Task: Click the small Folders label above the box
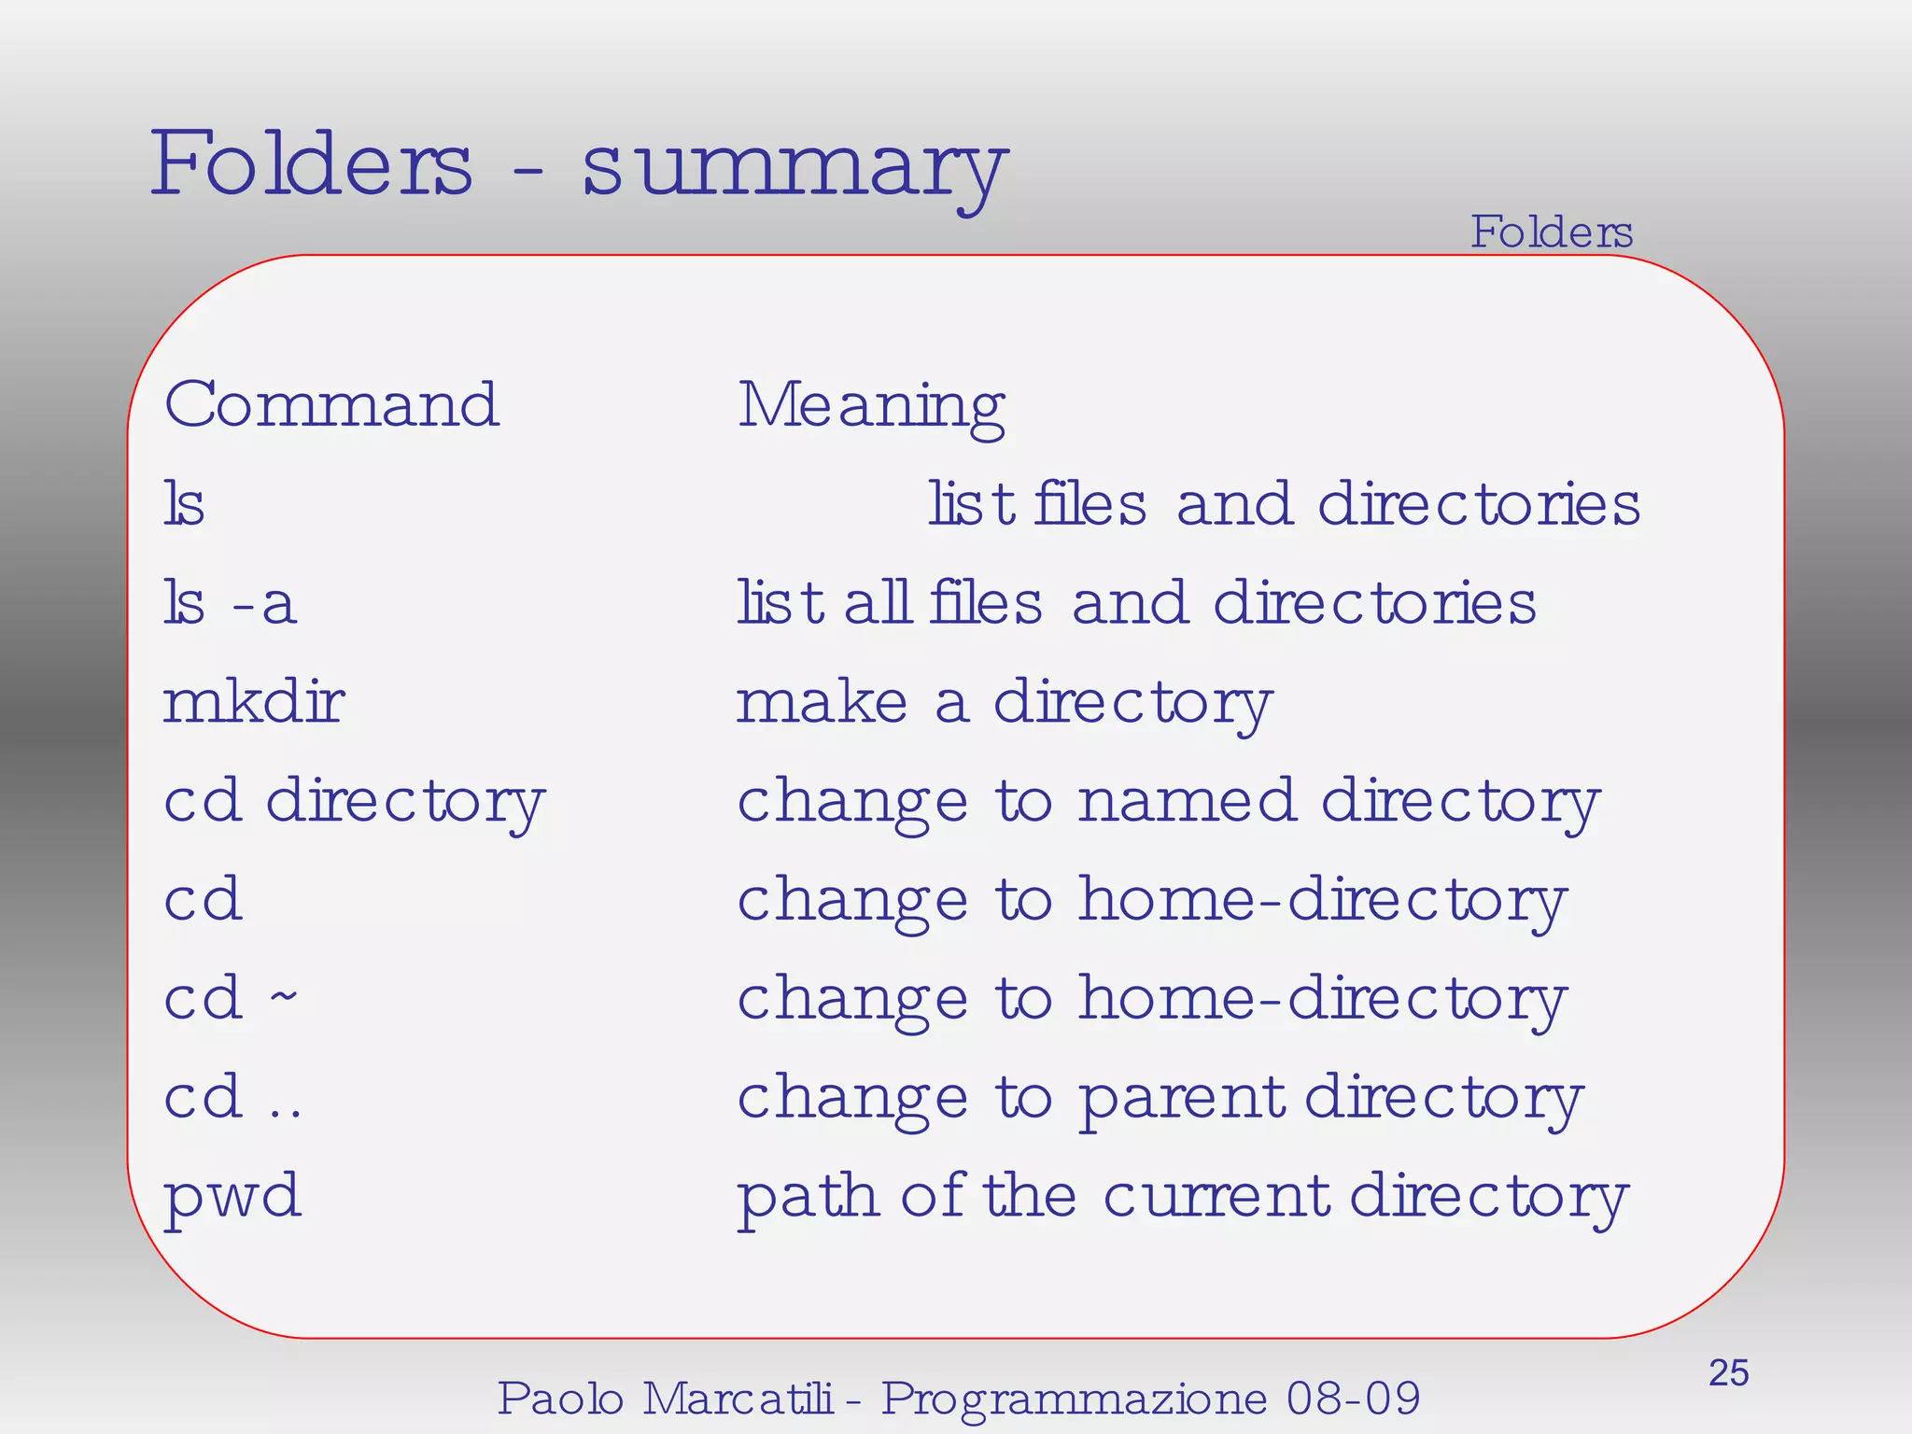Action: tap(1552, 232)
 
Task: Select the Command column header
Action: tap(331, 405)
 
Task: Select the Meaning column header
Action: tap(871, 407)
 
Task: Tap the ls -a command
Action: tap(230, 603)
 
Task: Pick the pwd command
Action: tap(232, 1197)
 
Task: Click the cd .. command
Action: tap(232, 1097)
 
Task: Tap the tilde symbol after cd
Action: tap(284, 995)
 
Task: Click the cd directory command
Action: tap(354, 802)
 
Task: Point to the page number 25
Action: tap(1728, 1373)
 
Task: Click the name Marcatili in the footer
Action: tap(738, 1399)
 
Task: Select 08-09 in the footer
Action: tap(1353, 1399)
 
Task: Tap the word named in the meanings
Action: tap(1187, 801)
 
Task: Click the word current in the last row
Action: tap(1216, 1196)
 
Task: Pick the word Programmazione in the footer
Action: tap(1075, 1399)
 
